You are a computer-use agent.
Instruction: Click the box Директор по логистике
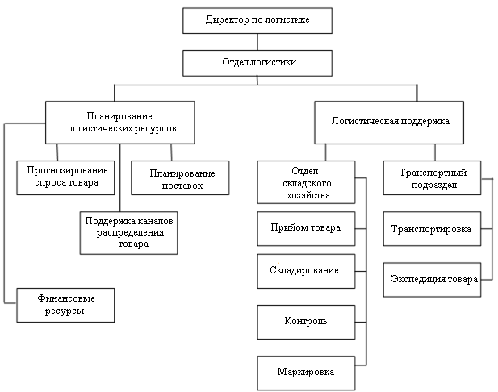257,20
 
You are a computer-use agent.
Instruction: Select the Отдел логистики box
257,63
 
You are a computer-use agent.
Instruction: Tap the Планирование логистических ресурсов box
119,123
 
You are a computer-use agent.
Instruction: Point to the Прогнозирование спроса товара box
62,177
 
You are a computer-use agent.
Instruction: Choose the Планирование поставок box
179,180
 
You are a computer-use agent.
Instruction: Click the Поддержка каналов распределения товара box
128,232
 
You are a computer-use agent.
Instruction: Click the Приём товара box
305,227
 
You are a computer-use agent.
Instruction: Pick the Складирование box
305,269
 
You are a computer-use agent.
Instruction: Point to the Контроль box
305,321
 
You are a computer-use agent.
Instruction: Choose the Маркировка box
305,372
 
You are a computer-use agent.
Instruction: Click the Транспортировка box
431,229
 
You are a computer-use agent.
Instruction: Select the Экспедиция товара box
431,279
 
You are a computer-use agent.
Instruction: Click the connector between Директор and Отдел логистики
257,42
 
